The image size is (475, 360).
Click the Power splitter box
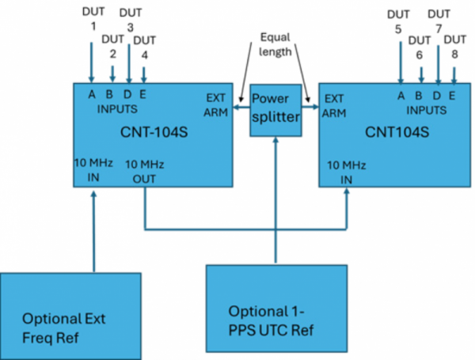[275, 108]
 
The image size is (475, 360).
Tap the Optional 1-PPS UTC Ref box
[276, 309]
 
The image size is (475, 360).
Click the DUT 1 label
[92, 20]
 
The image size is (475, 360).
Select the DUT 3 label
[129, 20]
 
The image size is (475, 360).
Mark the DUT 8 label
[454, 47]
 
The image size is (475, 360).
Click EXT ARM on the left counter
[215, 106]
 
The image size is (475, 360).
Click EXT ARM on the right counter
[335, 106]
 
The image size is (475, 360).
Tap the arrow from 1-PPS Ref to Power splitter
[276, 198]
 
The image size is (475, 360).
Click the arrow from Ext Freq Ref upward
[93, 229]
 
